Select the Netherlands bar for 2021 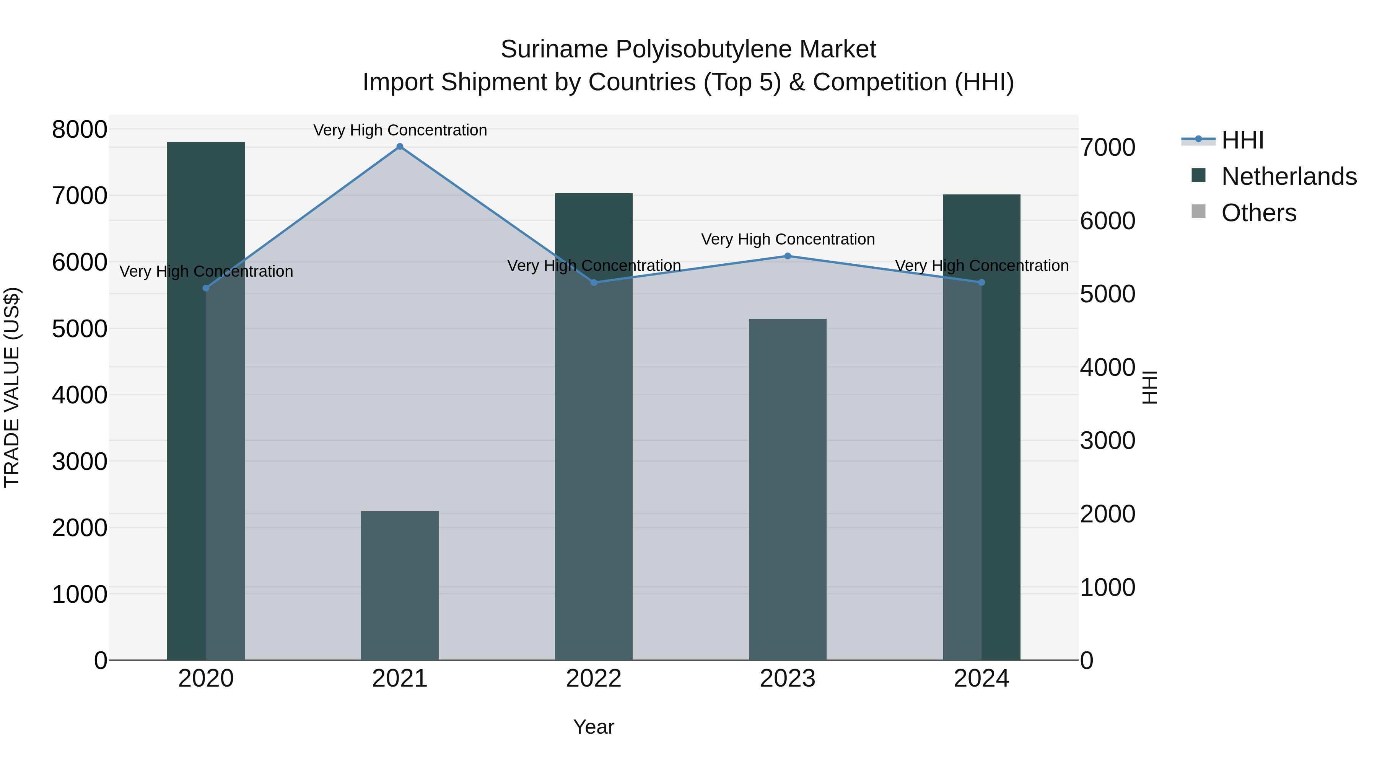pyautogui.click(x=399, y=585)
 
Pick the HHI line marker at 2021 pyautogui.click(x=399, y=147)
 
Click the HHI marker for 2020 pyautogui.click(x=206, y=288)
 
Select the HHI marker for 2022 pyautogui.click(x=593, y=282)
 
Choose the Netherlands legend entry pyautogui.click(x=1289, y=176)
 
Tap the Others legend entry pyautogui.click(x=1258, y=213)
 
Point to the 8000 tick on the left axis pyautogui.click(x=79, y=130)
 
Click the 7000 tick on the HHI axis pyautogui.click(x=1107, y=148)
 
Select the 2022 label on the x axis pyautogui.click(x=593, y=679)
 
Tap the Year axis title pyautogui.click(x=593, y=727)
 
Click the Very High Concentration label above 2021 pyautogui.click(x=400, y=130)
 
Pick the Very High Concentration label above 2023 pyautogui.click(x=788, y=239)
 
